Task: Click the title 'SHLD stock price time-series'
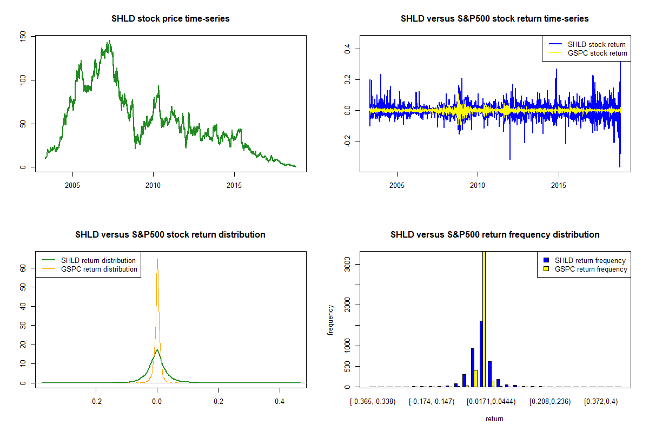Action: [170, 19]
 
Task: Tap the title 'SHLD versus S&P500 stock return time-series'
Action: [494, 19]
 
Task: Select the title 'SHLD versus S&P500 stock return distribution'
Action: [170, 235]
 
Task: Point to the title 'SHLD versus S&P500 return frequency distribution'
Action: [494, 235]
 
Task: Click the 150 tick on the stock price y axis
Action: [23, 37]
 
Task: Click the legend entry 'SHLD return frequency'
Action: [590, 260]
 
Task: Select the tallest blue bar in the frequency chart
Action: [481, 354]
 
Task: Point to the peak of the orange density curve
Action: [157, 259]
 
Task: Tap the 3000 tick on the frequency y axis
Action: [348, 264]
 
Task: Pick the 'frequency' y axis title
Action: [330, 320]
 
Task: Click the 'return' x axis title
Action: [494, 418]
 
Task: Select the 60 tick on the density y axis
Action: [23, 267]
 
